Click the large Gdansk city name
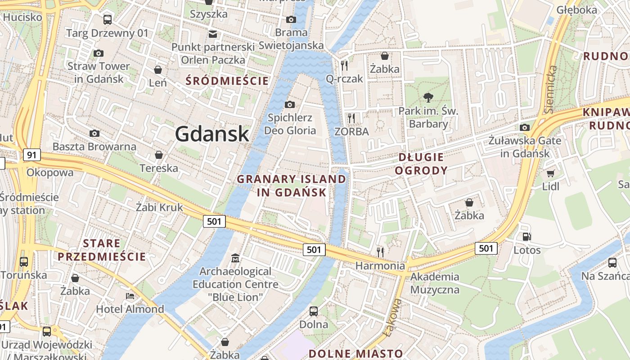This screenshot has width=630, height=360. [211, 134]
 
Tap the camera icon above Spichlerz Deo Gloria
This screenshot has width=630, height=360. [290, 104]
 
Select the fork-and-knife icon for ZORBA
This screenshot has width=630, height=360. [351, 118]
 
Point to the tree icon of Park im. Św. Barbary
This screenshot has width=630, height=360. [428, 97]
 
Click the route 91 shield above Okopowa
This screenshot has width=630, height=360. [31, 155]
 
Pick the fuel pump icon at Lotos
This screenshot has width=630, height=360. [526, 236]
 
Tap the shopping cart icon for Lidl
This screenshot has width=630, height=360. [550, 173]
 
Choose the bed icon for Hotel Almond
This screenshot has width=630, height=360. [130, 296]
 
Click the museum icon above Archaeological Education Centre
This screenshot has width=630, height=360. [235, 258]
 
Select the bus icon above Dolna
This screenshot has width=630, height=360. [314, 311]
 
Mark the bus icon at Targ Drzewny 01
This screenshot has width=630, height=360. [107, 20]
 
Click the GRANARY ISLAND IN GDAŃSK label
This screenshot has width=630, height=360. [292, 185]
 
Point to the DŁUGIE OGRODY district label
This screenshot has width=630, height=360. [423, 164]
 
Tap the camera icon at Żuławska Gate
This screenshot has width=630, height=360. [524, 127]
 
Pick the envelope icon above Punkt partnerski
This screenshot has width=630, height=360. [212, 34]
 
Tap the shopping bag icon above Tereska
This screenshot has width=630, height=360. [159, 155]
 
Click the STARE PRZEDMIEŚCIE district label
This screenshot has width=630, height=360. [102, 250]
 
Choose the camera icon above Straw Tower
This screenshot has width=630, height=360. [98, 53]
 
